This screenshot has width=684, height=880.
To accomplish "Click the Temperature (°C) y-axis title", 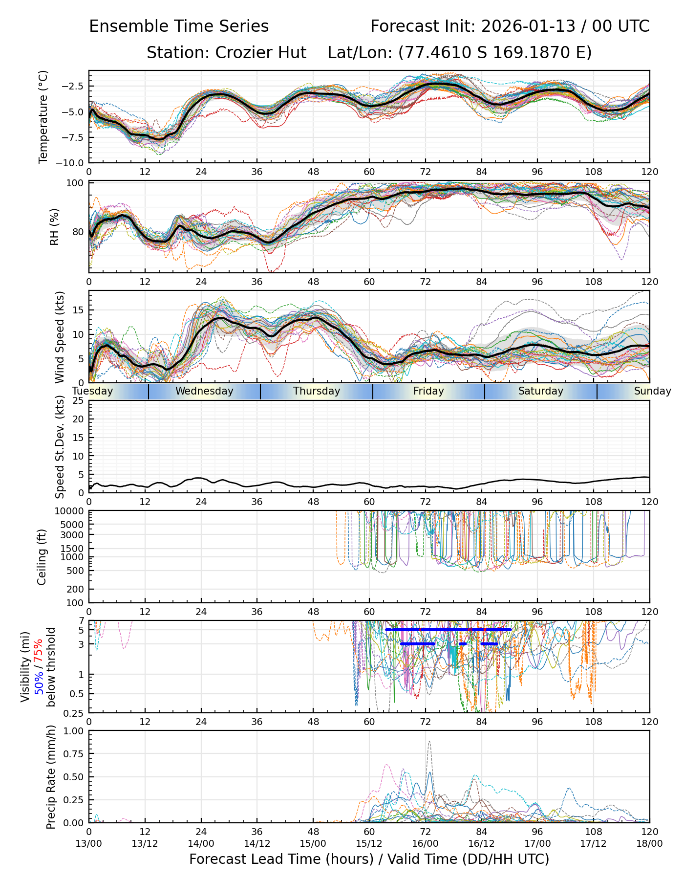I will point(43,116).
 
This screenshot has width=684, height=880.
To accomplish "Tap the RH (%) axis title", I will point(54,226).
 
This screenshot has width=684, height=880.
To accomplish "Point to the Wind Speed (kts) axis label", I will point(60,337).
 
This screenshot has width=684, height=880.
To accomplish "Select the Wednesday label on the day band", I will point(204,391).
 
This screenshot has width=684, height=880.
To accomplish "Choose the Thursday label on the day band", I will point(317,391).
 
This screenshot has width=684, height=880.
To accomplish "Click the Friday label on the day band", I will point(428,391).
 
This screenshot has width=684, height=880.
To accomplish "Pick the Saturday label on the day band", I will point(541,391).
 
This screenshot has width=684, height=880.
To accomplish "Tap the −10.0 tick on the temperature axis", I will point(72,162).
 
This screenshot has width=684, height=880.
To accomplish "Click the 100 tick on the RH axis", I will point(76,183).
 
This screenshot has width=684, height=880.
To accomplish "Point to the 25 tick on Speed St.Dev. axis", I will point(79,401).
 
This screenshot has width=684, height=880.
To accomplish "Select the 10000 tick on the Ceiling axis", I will point(70,511).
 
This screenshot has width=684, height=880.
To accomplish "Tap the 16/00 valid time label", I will point(425,843).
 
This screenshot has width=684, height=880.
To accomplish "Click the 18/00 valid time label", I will point(649,843).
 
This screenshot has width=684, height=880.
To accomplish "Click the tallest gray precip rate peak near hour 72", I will point(429,742).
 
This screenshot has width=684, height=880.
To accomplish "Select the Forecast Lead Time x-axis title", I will point(369,859).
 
